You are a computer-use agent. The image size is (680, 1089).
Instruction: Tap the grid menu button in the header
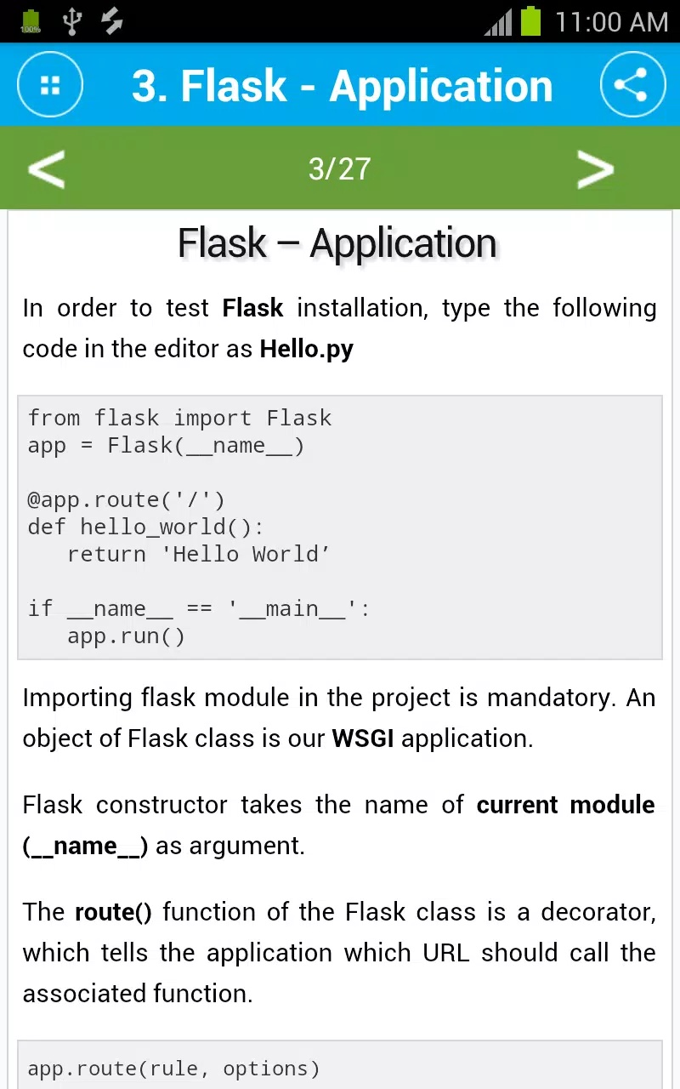50,84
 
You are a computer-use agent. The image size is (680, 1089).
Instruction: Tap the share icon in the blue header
632,84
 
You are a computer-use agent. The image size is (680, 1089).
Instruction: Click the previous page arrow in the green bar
47,168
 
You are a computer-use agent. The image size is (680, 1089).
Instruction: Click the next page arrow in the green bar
596,168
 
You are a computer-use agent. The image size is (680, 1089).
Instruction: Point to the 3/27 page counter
339,168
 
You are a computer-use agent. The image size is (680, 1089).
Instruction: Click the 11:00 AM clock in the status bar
611,22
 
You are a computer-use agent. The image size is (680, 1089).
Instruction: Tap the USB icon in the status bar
72,21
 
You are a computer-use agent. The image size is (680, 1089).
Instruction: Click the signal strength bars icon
498,23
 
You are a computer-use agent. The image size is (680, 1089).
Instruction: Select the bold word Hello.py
307,349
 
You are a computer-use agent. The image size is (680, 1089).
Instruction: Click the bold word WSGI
363,738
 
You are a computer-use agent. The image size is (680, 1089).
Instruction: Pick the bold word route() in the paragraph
113,912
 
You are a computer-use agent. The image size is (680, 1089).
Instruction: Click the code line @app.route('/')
127,500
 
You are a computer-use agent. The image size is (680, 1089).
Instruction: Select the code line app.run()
127,636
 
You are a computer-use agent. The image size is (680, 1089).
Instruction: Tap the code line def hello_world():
145,527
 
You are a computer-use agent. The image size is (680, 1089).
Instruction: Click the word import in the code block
212,419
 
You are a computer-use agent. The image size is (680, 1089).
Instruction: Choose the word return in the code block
107,555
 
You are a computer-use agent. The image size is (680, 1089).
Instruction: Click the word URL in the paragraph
446,953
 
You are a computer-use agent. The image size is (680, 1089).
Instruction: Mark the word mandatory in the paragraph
549,698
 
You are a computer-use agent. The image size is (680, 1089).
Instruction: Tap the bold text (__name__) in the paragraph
85,847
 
